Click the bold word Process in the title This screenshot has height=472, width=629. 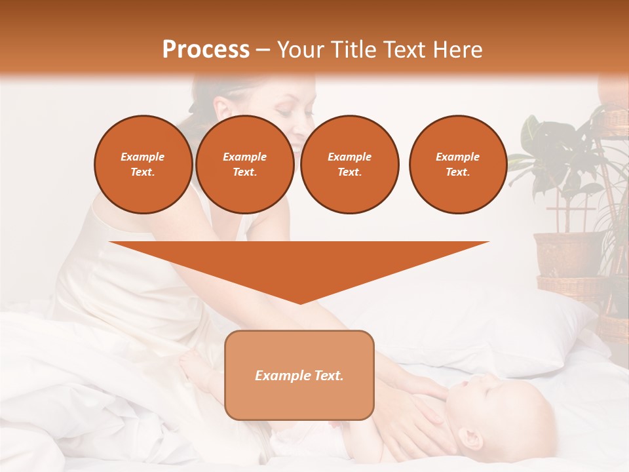[x=206, y=49]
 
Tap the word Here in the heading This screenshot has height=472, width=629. [x=458, y=49]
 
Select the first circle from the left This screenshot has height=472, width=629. [x=143, y=165]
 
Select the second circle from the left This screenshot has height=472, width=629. [x=244, y=165]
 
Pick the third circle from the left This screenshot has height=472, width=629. [x=350, y=165]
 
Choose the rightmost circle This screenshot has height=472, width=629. [x=458, y=165]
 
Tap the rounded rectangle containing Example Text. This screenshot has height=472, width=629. [x=299, y=375]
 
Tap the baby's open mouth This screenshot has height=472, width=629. [x=463, y=384]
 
